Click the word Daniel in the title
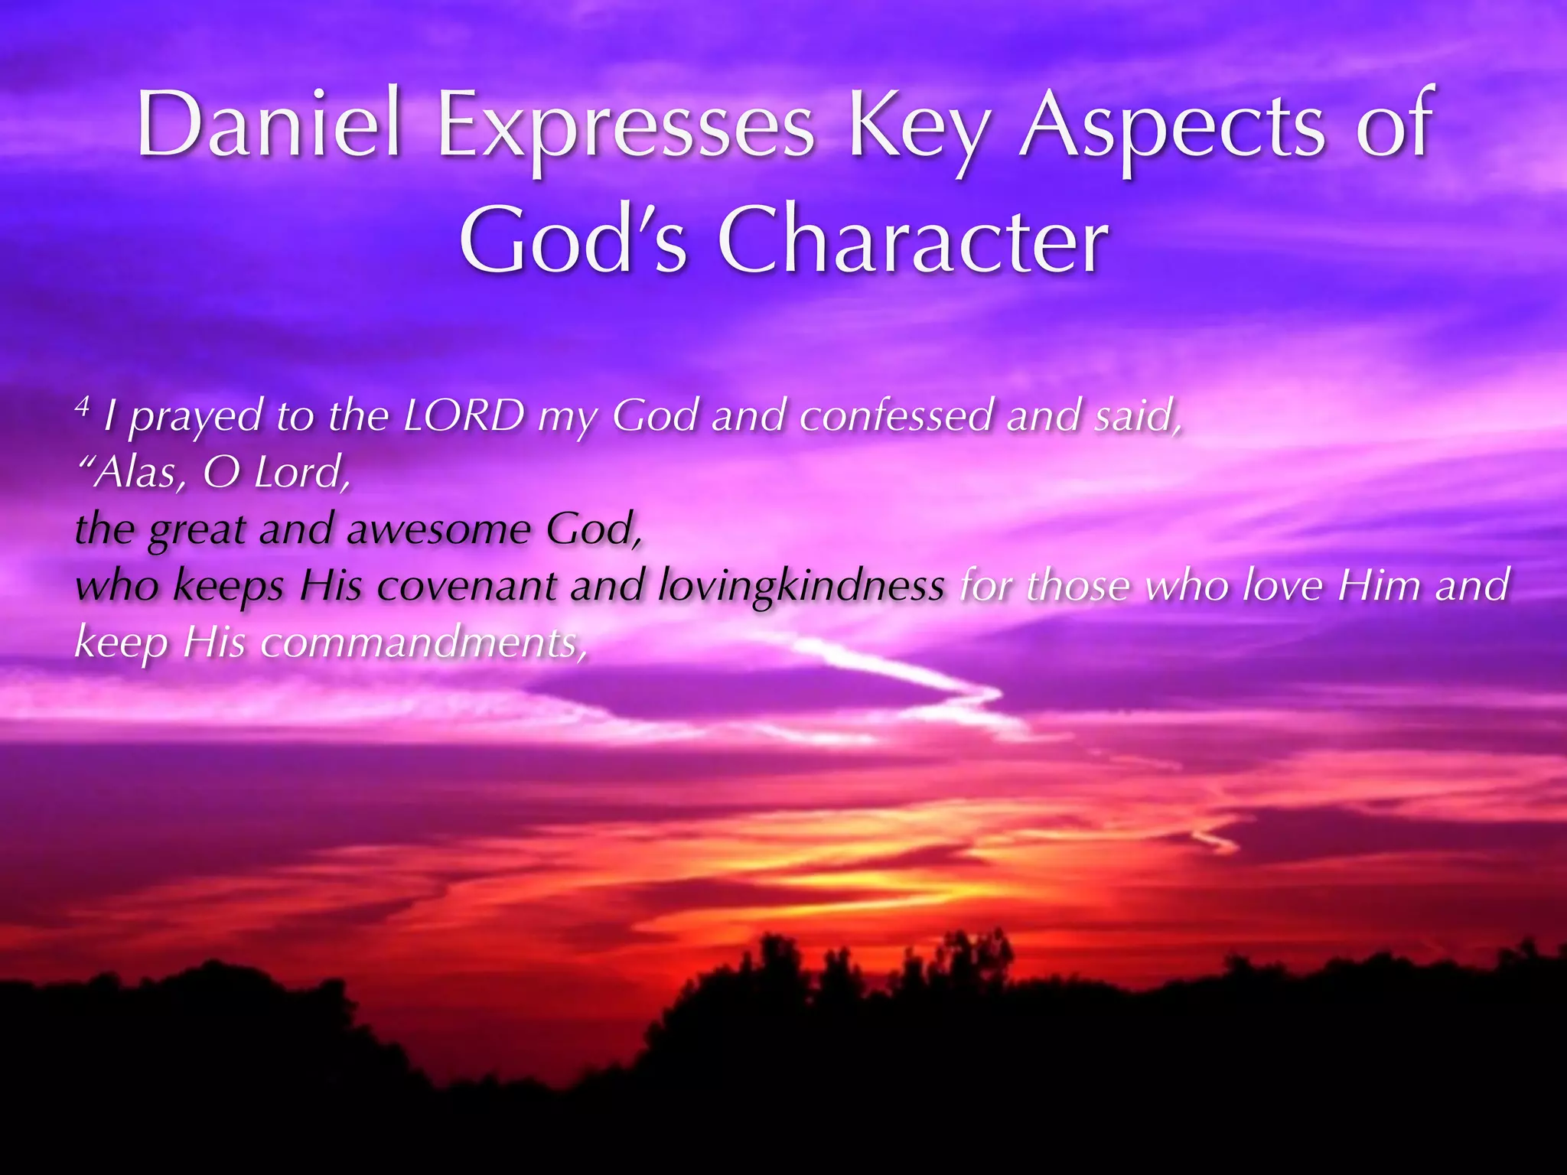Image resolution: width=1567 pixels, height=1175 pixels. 269,124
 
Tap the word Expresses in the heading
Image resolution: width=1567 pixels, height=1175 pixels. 625,127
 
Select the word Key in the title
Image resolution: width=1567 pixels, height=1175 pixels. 916,127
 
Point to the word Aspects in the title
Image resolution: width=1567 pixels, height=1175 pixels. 1171,127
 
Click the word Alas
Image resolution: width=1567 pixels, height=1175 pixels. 136,474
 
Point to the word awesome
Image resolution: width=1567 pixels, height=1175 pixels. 438,529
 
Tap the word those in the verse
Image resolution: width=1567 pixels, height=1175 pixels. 1077,586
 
